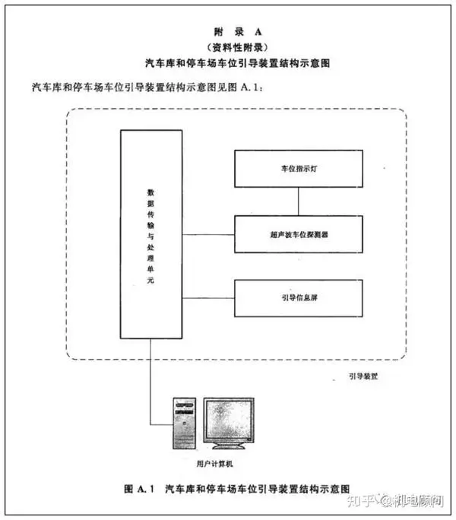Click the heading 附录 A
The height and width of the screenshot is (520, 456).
click(x=238, y=32)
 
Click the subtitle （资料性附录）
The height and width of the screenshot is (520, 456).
click(x=237, y=47)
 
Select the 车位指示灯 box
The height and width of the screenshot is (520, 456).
click(x=299, y=169)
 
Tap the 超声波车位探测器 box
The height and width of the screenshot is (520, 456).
click(x=299, y=234)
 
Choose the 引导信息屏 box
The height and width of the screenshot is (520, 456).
click(x=299, y=298)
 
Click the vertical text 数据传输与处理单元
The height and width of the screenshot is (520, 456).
click(x=151, y=236)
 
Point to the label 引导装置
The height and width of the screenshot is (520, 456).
click(x=363, y=376)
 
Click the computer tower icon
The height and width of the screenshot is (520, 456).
click(x=185, y=423)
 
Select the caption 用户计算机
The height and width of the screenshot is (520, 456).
click(x=214, y=464)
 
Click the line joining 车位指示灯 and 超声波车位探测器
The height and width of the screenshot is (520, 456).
click(x=298, y=201)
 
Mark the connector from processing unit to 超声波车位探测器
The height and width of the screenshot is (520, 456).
click(x=208, y=234)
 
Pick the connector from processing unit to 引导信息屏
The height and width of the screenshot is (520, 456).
click(x=208, y=298)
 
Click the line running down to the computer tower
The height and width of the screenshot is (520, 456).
click(x=150, y=382)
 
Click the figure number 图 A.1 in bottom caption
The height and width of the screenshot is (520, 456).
click(x=139, y=489)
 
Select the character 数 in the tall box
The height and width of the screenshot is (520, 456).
click(x=151, y=192)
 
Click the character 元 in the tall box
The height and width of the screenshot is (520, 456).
click(x=151, y=281)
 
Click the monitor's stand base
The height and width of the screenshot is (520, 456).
click(x=229, y=447)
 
